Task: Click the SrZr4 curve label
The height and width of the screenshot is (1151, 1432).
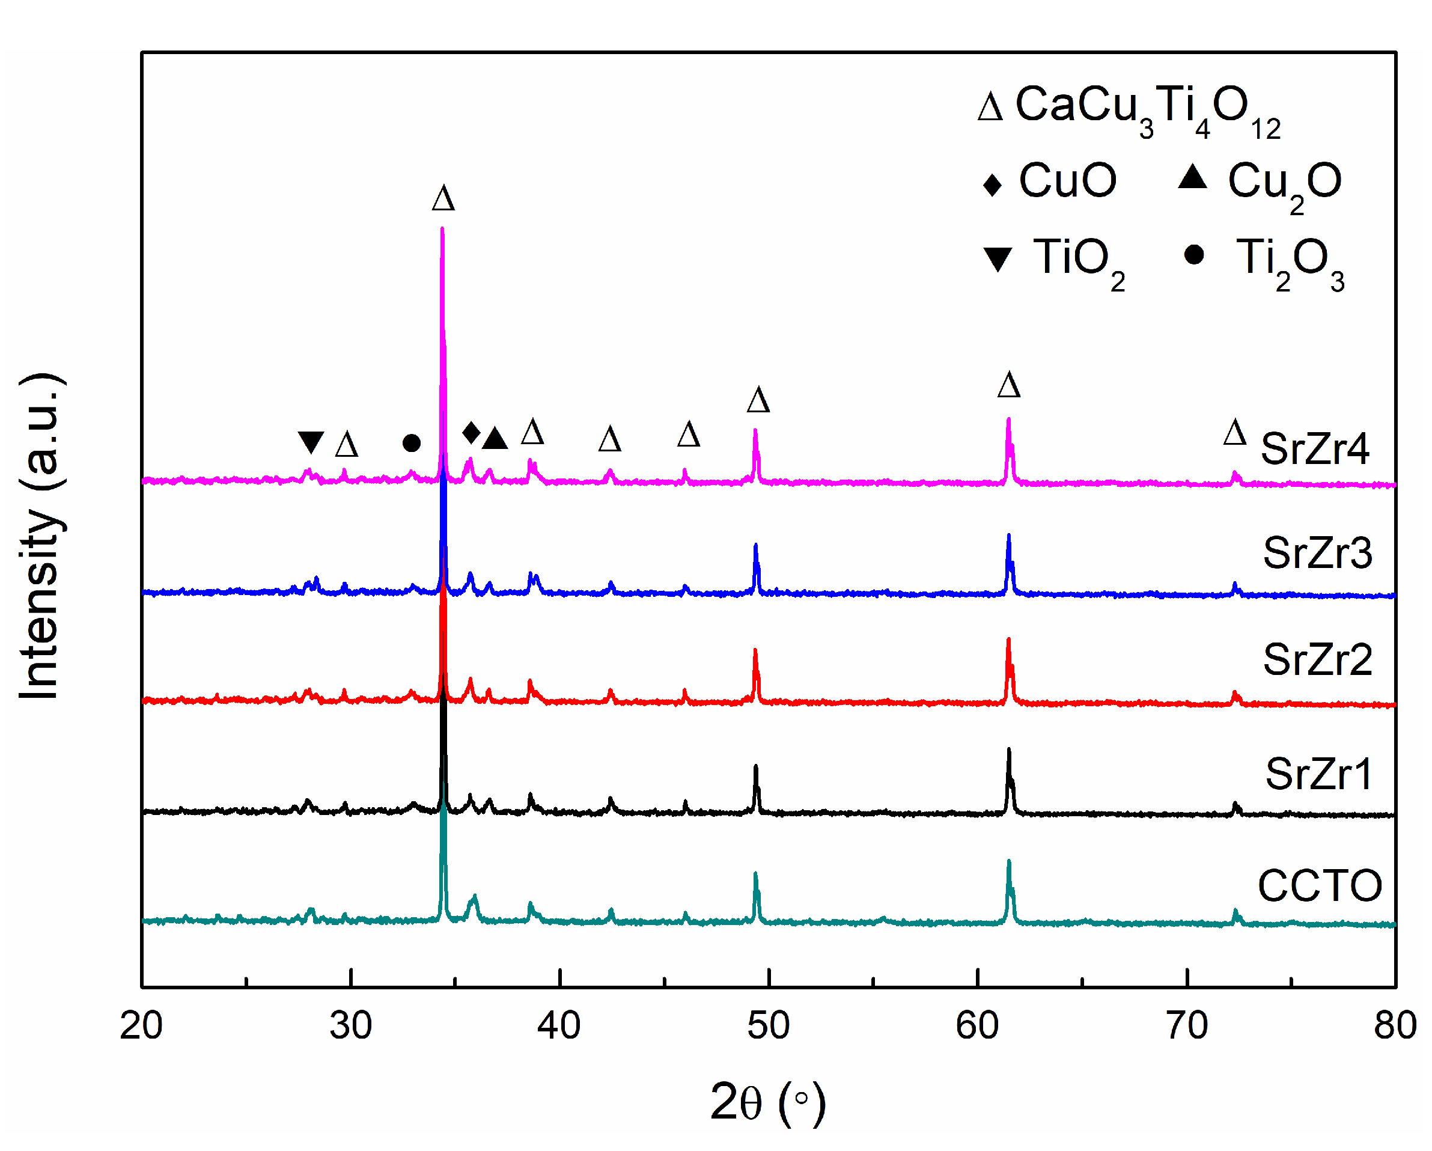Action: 1314,449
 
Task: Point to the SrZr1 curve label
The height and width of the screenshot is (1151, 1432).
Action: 1318,774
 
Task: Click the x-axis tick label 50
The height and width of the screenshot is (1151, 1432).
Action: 768,1025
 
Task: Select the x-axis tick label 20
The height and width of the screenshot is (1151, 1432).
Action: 141,1025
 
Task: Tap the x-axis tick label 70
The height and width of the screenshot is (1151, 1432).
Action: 1186,1025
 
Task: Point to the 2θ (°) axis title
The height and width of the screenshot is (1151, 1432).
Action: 768,1102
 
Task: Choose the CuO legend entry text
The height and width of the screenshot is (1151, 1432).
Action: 1068,181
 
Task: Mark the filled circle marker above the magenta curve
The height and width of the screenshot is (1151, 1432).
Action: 411,443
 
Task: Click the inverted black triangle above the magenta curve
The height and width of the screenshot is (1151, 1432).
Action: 310,442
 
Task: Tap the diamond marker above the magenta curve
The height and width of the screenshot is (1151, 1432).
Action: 471,432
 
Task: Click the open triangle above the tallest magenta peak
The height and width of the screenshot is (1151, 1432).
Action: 443,198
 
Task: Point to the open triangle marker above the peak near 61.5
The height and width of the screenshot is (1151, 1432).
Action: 1008,385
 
